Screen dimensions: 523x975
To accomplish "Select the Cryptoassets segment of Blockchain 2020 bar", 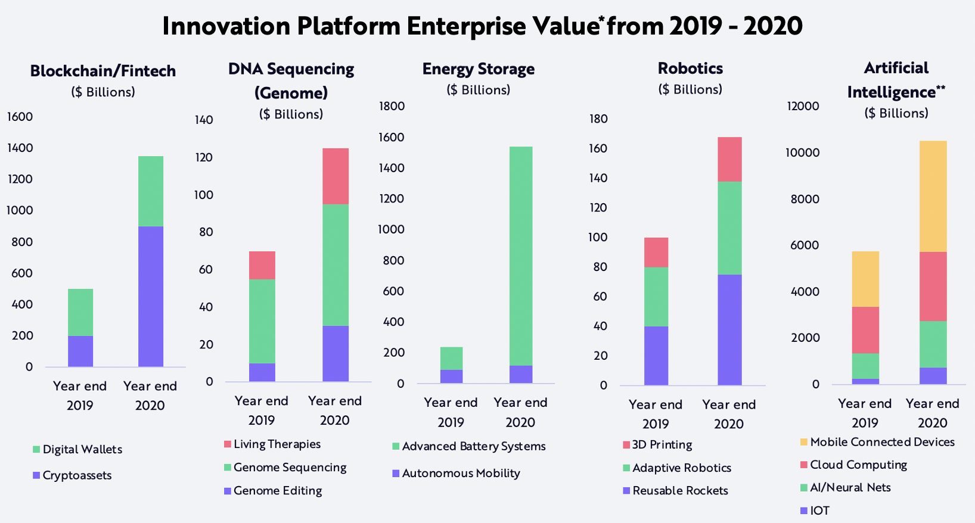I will click(x=151, y=296).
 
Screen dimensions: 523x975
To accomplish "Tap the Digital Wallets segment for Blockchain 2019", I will click(x=80, y=312).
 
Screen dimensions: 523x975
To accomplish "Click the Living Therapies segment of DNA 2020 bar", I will click(x=336, y=176).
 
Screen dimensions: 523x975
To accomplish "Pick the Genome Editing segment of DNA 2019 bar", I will click(x=262, y=372).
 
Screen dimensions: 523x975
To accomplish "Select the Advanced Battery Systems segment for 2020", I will click(x=521, y=256).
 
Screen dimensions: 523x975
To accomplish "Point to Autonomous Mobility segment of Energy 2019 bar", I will click(x=451, y=376).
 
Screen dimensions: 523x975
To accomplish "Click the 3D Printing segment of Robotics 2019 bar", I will click(x=656, y=253).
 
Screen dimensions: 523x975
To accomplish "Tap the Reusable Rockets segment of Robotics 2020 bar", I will click(x=729, y=329).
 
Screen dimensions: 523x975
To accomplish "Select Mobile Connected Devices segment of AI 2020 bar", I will click(x=933, y=197).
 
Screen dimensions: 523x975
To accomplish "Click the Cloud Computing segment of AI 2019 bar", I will click(x=865, y=330).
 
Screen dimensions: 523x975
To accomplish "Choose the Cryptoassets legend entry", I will click(x=77, y=475).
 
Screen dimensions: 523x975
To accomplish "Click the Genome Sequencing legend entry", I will click(x=290, y=468).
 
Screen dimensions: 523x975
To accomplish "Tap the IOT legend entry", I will click(x=819, y=510).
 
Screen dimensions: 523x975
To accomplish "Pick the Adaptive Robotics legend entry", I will click(x=681, y=468).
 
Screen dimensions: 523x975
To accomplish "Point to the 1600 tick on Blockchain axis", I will click(x=20, y=117).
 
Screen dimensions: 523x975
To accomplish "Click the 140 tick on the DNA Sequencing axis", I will click(x=204, y=120).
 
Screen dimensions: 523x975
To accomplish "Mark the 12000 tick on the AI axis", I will click(x=803, y=106).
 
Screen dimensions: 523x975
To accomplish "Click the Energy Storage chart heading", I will click(x=478, y=69).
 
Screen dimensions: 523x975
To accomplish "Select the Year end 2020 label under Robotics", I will click(x=729, y=414).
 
